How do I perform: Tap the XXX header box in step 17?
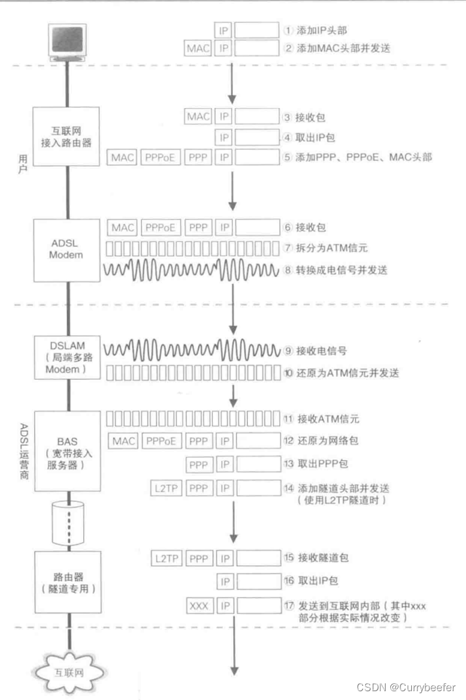click(x=199, y=604)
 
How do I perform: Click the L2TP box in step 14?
click(x=167, y=488)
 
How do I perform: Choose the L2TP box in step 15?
click(x=167, y=559)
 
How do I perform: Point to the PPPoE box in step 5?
click(x=161, y=157)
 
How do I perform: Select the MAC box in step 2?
click(x=198, y=49)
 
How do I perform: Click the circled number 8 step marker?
click(x=288, y=270)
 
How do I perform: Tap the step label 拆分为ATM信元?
click(x=329, y=248)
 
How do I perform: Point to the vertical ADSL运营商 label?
click(x=22, y=449)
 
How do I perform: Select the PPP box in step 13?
click(x=199, y=464)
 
